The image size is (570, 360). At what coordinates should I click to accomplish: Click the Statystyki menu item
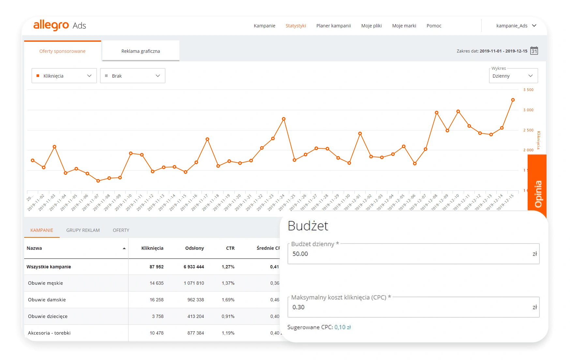coord(295,26)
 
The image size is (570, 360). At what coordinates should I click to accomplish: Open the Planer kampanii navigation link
coord(333,26)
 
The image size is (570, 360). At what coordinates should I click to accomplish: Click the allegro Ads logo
coord(60,25)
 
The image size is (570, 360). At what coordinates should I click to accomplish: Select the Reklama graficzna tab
coord(141,51)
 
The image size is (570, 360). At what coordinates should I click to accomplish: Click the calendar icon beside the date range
coord(534,51)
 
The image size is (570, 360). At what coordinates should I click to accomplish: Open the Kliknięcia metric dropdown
coord(64,76)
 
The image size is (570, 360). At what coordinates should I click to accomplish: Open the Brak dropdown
coord(133,76)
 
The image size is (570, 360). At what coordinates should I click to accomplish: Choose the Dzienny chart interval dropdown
coord(513,76)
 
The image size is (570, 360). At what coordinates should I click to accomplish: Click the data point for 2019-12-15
coord(513,100)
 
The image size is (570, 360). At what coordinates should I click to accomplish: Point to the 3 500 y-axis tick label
coord(528,90)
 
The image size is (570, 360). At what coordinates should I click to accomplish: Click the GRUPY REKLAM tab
coord(83,230)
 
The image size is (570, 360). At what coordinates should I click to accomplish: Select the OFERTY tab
coord(121,230)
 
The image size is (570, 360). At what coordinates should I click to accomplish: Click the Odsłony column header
coord(194,248)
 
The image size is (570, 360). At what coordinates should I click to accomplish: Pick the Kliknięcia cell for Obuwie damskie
coord(157,300)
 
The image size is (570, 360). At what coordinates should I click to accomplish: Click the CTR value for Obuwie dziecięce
coord(228,316)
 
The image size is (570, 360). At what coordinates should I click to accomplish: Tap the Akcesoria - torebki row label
coord(49,333)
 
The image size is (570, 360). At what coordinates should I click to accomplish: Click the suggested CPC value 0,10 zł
coord(342,327)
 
